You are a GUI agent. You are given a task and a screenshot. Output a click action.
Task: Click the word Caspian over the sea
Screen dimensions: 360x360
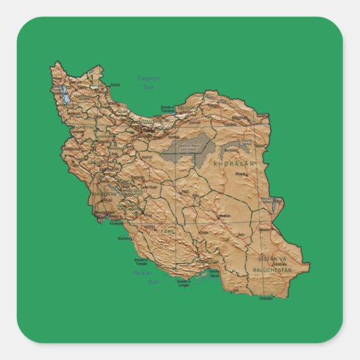coord(148,78)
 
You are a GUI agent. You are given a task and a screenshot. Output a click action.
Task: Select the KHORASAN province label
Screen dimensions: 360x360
coord(233,164)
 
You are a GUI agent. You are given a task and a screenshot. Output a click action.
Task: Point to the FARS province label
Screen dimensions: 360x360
coord(168,232)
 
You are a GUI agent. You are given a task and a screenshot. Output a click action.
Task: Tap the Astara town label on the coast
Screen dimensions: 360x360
coord(115,85)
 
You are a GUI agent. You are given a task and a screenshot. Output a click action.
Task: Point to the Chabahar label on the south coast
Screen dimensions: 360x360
coord(267,298)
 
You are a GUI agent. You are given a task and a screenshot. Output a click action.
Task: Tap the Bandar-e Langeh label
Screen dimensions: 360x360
coord(183,284)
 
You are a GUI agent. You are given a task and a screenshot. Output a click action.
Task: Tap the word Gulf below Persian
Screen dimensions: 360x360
coord(153,281)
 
